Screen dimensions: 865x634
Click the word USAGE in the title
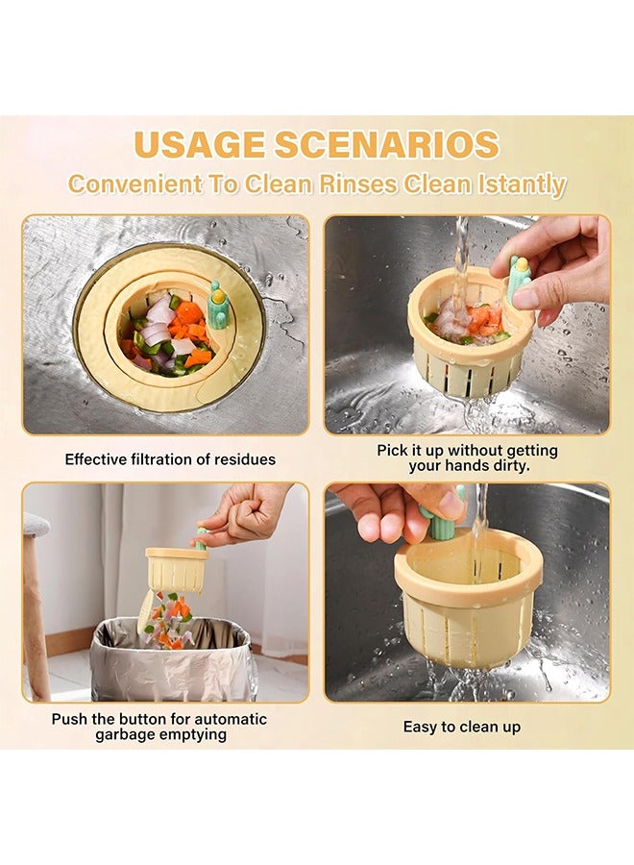[199, 145]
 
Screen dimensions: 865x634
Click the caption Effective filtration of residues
[170, 459]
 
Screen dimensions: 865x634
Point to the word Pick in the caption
[392, 451]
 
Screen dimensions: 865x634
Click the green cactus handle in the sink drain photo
[218, 307]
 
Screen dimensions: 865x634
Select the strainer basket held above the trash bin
[177, 570]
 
